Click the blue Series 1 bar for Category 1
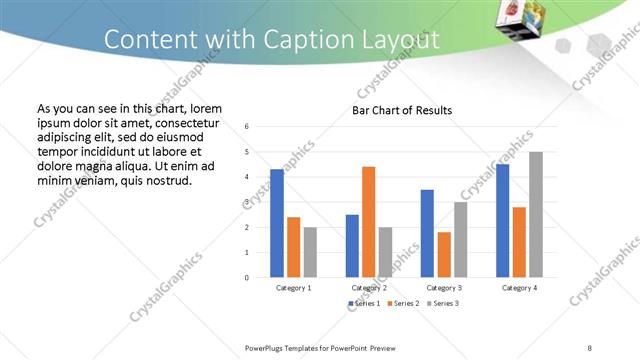tap(277, 223)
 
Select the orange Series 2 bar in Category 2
tap(369, 221)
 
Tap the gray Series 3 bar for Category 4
tap(536, 214)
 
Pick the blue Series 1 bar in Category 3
tap(427, 233)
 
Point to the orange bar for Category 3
tap(444, 254)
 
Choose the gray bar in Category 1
tap(310, 252)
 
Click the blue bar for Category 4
tap(502, 220)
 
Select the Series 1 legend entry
tap(364, 303)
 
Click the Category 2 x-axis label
tap(369, 288)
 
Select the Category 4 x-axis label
tap(519, 288)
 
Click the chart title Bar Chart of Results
tap(402, 110)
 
